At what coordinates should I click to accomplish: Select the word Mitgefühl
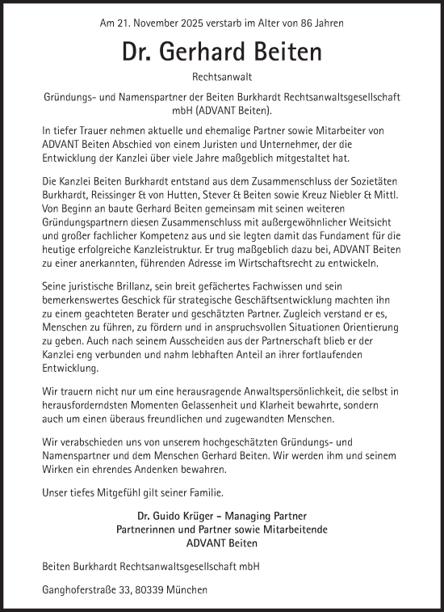tap(121, 493)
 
